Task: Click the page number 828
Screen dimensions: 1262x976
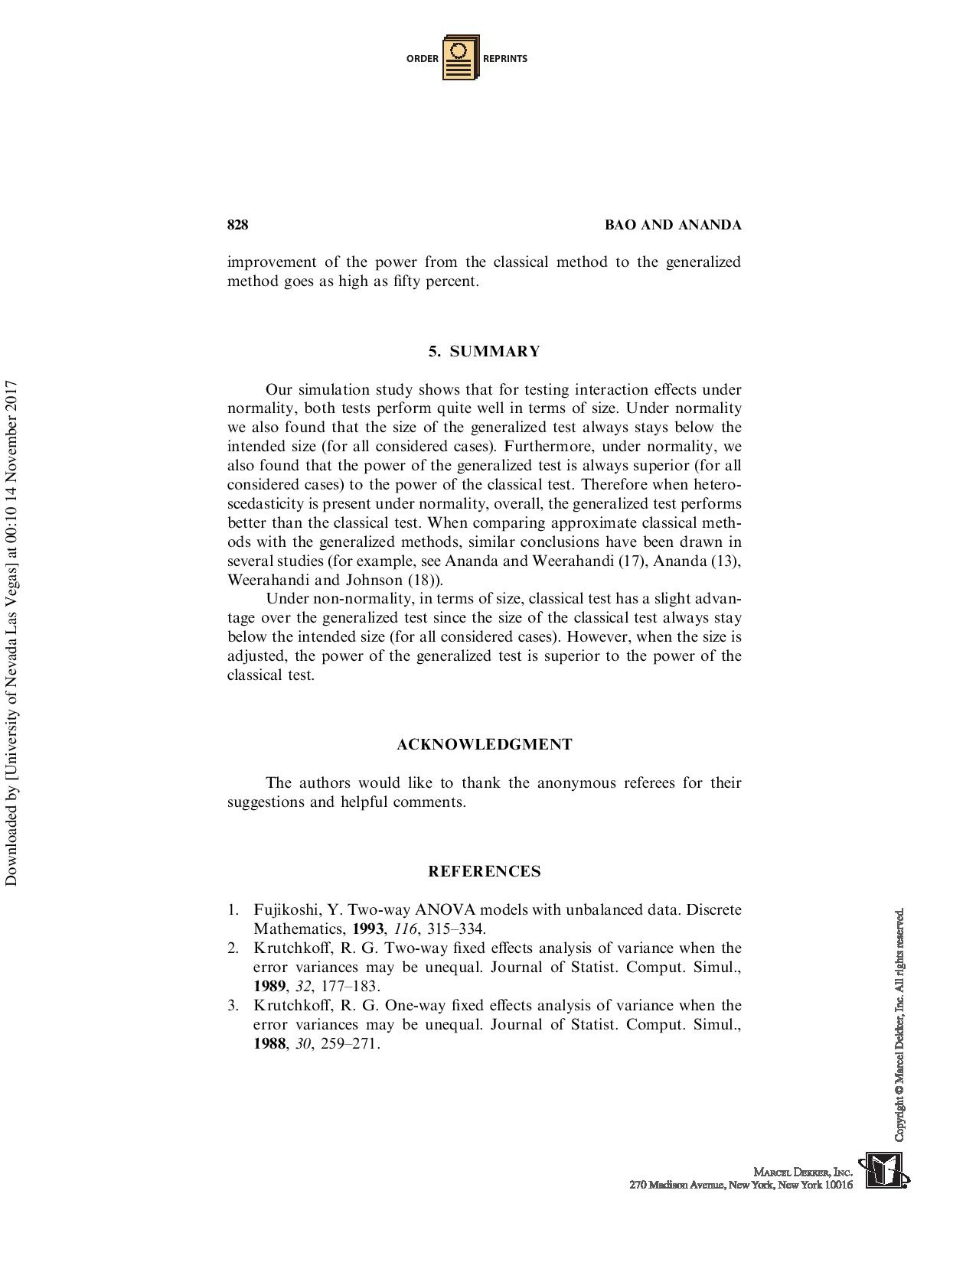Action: tap(237, 225)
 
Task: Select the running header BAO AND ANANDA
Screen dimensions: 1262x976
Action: tap(673, 225)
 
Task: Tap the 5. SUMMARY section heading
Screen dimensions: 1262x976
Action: tap(484, 351)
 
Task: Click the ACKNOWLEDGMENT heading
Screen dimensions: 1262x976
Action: tap(484, 744)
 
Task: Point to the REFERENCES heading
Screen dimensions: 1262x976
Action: tap(484, 871)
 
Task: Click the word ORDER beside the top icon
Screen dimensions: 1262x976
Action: tap(423, 59)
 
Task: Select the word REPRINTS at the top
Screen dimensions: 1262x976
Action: tap(505, 59)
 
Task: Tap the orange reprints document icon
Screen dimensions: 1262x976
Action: tap(461, 57)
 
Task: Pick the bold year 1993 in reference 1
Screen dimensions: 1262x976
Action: tap(367, 929)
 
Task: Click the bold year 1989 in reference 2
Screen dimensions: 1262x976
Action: tap(269, 987)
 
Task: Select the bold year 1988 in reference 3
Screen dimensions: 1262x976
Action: tap(269, 1044)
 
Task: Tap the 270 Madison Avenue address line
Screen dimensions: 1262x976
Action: tap(741, 1185)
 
